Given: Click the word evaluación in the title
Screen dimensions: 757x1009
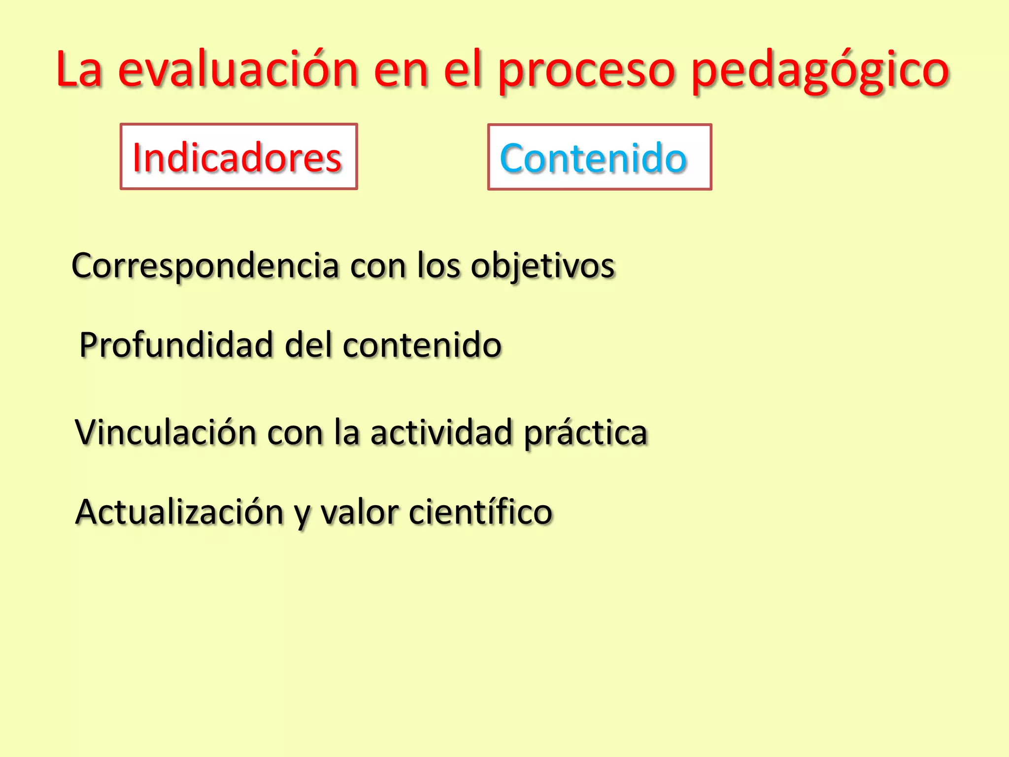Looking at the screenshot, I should point(237,70).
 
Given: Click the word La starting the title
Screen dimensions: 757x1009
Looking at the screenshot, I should point(79,70).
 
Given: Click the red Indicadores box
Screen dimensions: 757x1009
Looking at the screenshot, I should point(238,157).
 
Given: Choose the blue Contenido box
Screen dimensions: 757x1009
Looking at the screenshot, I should point(599,157).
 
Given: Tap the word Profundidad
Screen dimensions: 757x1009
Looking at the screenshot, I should point(176,344).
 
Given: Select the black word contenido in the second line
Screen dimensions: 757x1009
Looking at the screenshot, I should point(422,344).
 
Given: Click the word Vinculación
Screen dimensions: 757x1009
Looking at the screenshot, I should point(166,432).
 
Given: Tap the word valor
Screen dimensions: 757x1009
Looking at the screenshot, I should point(360,513).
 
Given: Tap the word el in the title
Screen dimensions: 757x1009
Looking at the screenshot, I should point(462,70).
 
